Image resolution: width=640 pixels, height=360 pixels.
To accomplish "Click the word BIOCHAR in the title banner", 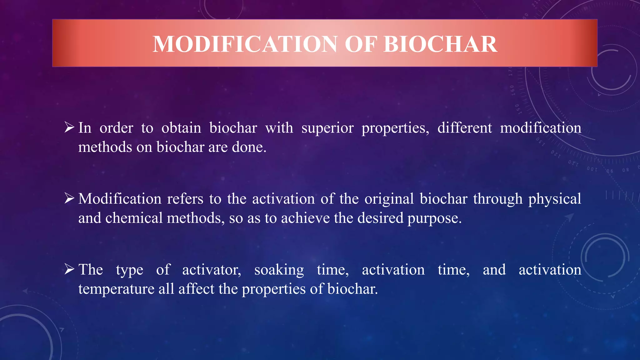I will [440, 44].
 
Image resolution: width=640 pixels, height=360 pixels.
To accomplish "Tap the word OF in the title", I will [360, 44].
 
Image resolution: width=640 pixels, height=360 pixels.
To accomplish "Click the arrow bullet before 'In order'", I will [69, 127].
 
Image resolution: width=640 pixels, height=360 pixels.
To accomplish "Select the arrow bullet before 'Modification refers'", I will [69, 198].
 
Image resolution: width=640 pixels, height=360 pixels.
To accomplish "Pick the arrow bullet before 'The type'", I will [69, 269].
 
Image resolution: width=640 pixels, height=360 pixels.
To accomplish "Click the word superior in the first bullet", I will [327, 128].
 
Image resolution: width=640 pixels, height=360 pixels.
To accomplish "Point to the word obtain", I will [181, 128].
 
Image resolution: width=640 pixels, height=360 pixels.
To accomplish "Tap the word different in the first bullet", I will [464, 128].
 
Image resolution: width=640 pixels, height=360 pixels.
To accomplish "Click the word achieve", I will [305, 218].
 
